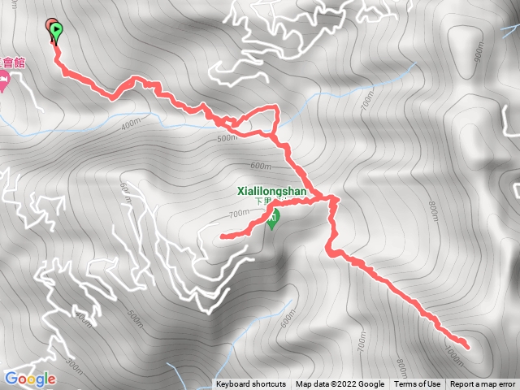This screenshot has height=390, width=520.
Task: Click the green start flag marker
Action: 56,31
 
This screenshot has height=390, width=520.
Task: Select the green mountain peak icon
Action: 273,217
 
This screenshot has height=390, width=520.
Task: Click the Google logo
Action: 29,379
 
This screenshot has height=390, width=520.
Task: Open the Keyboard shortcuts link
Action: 251,384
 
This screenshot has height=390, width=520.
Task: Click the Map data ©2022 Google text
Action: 340,384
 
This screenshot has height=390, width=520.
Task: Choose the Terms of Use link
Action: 418,384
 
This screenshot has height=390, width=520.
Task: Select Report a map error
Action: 483,384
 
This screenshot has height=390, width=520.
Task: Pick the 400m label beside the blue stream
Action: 130,125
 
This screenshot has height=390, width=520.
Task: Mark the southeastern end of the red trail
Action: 466,348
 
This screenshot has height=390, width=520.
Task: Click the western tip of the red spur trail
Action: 222,236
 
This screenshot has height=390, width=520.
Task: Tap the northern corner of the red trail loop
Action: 277,108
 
